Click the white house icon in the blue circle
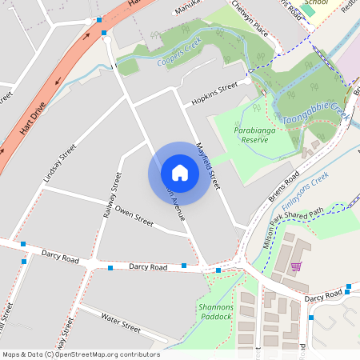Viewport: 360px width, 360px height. point(179,172)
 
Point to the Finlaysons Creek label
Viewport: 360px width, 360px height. point(308,186)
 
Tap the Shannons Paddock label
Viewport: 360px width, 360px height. point(214,312)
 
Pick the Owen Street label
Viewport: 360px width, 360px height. point(134,214)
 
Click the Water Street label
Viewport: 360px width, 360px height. point(121,323)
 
